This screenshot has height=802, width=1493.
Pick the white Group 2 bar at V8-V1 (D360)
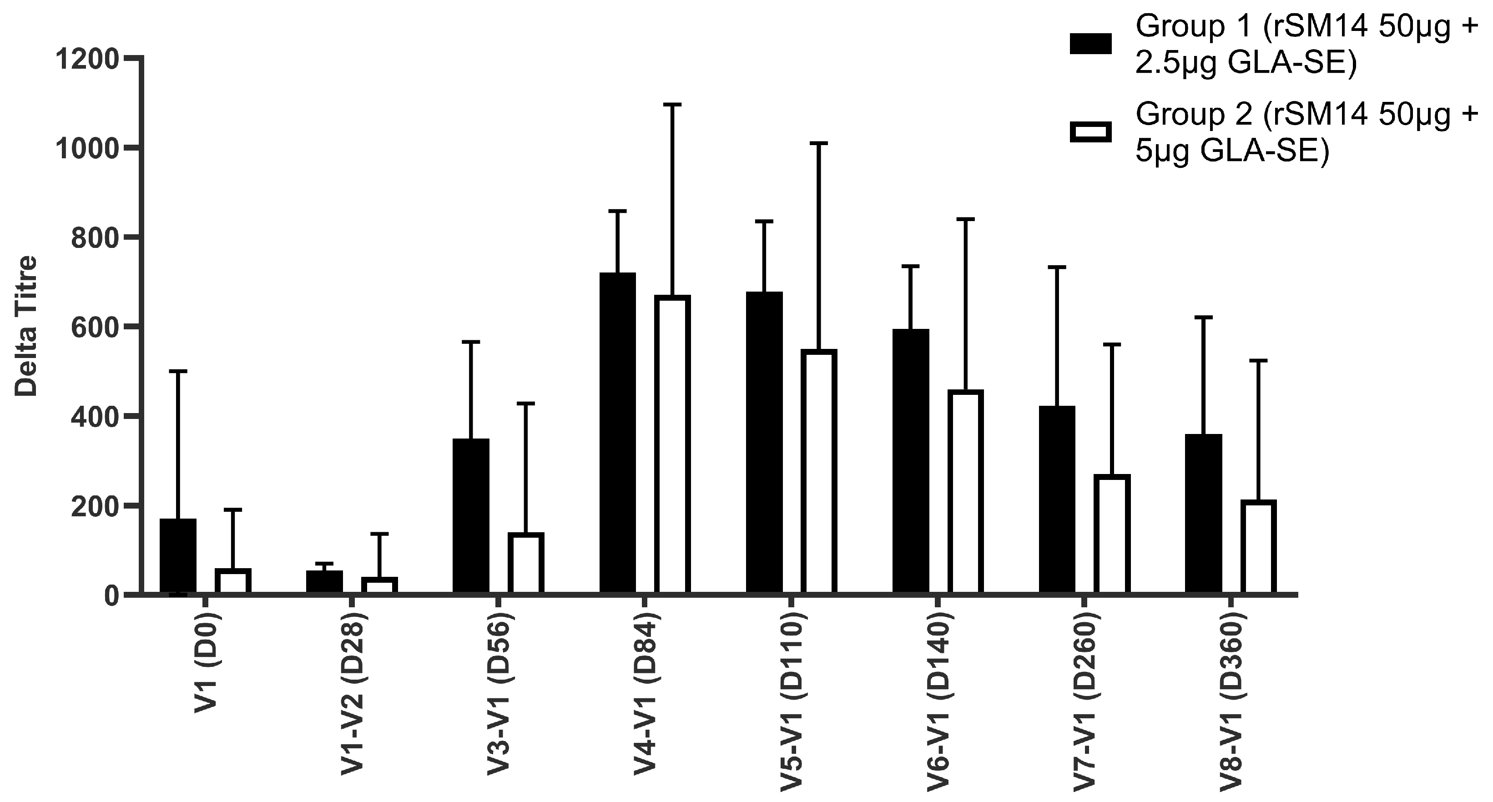click(x=1258, y=547)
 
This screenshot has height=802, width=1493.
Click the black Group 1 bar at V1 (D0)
click(x=178, y=556)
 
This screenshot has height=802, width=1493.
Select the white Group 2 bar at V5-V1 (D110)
click(x=819, y=472)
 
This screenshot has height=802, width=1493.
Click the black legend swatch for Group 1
click(x=1090, y=44)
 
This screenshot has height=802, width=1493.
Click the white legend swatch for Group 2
click(x=1090, y=132)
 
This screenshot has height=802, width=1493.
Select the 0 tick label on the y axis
click(x=111, y=596)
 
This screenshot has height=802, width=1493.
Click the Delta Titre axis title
click(x=26, y=326)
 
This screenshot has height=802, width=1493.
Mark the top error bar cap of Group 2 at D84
click(x=672, y=105)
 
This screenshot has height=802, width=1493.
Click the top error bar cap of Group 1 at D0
click(x=178, y=371)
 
